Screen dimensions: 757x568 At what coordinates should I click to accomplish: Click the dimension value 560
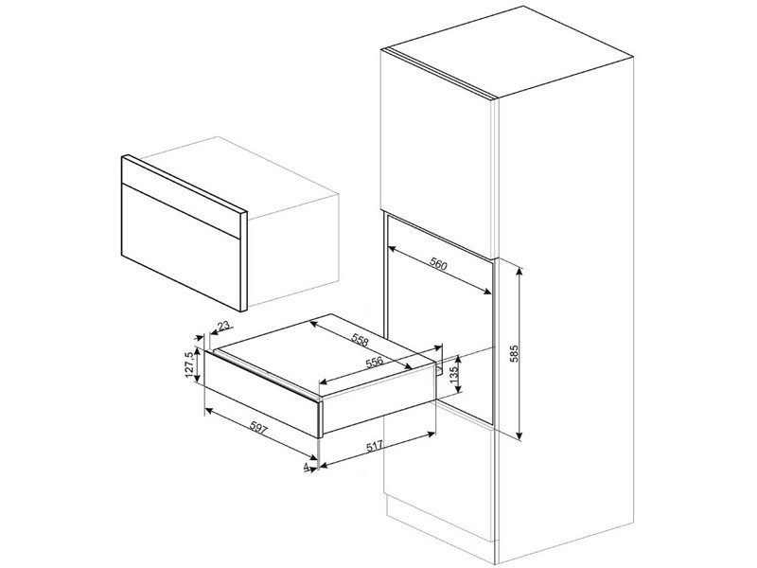pos(438,264)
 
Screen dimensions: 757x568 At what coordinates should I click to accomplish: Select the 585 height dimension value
pos(514,354)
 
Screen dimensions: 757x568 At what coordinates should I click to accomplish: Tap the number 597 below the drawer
pos(258,428)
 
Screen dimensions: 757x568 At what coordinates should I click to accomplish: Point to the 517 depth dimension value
pos(375,447)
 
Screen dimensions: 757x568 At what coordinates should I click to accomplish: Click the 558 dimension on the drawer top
pos(360,341)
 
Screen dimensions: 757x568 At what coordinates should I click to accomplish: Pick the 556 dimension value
pos(374,362)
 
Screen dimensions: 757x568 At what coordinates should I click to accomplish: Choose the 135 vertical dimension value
pos(453,375)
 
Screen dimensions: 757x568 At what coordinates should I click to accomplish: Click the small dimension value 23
pos(223,326)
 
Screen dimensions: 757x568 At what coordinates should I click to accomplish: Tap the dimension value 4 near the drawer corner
pos(306,467)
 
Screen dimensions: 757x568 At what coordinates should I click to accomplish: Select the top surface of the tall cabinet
pos(507,52)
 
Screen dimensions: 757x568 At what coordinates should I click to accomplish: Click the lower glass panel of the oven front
pos(180,246)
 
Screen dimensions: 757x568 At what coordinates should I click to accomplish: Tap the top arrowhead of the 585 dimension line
pos(519,270)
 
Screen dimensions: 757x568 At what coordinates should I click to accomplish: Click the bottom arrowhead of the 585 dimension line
pos(519,436)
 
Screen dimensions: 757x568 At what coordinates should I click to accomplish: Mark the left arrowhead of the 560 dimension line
pos(392,248)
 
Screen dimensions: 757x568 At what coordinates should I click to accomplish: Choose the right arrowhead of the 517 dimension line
pos(432,435)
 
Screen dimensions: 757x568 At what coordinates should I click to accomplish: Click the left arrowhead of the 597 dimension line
pos(209,411)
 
